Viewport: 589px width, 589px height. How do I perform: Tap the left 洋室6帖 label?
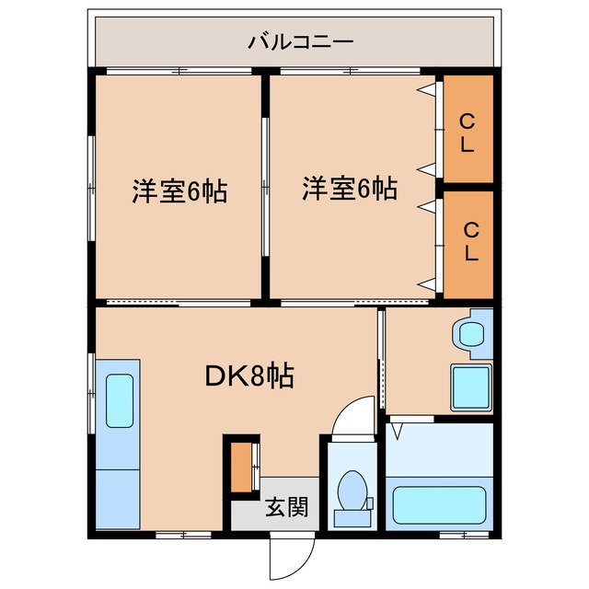click(179, 191)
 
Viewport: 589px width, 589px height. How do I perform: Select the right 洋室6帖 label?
click(351, 190)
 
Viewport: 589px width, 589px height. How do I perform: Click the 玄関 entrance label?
click(286, 507)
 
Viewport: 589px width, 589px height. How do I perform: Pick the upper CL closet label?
click(468, 132)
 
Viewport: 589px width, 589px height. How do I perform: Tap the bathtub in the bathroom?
click(438, 504)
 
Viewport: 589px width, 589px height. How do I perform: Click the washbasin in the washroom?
click(473, 332)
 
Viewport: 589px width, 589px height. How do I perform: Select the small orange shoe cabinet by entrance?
click(241, 468)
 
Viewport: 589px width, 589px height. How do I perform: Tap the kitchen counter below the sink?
click(116, 497)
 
